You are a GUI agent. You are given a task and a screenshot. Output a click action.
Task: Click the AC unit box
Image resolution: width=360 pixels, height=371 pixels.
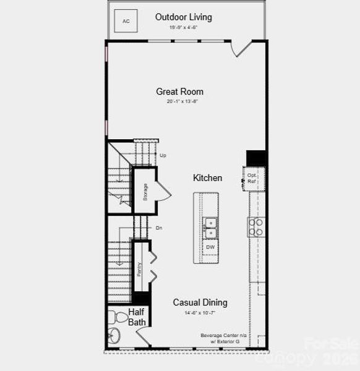tap(126, 22)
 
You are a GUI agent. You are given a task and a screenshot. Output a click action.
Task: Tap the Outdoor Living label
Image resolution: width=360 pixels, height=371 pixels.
tap(183, 17)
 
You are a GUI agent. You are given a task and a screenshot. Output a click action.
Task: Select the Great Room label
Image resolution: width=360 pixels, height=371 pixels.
tap(179, 92)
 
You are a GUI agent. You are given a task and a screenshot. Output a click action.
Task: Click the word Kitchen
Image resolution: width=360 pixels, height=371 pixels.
tap(207, 178)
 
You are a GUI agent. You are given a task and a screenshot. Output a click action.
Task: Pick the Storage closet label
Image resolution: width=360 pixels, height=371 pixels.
tap(145, 192)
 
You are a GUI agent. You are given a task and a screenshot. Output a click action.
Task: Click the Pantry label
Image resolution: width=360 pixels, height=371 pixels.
tap(140, 269)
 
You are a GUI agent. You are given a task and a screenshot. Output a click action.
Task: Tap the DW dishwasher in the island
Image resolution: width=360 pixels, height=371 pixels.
tap(210, 247)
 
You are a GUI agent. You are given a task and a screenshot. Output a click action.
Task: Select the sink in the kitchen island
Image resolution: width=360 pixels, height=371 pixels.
tap(210, 227)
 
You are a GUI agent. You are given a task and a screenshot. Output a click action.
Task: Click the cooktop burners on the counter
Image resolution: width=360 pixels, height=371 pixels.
tap(256, 227)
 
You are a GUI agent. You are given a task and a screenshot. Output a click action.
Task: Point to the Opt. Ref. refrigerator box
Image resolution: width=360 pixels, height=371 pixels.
tap(252, 178)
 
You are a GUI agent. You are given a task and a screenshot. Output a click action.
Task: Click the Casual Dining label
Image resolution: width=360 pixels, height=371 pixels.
tap(200, 302)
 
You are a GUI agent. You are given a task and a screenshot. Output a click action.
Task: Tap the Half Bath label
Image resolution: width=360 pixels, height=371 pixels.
tap(137, 317)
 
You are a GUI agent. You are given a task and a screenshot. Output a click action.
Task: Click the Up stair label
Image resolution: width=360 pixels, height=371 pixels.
tap(163, 155)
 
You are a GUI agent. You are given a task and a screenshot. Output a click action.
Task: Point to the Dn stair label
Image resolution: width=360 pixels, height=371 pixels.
tap(159, 228)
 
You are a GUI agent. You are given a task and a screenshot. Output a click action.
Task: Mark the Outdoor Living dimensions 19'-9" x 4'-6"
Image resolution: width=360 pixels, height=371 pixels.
tap(183, 28)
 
